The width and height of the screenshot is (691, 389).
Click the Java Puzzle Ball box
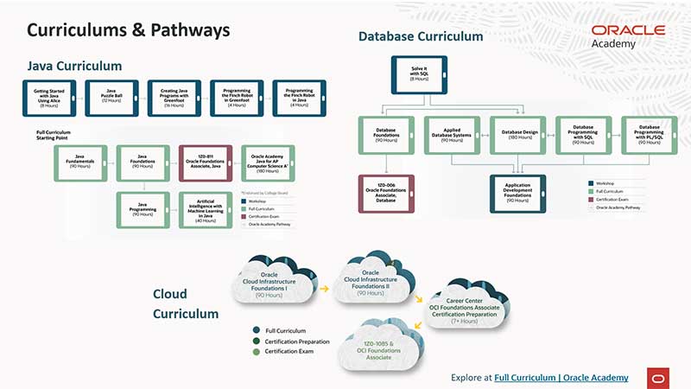click(111, 99)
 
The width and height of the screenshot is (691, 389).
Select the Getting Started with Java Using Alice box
click(49, 99)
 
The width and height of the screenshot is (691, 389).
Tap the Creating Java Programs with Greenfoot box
click(174, 99)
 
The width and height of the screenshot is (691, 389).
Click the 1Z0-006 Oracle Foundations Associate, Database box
click(386, 194)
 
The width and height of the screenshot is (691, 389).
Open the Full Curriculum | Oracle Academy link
click(561, 378)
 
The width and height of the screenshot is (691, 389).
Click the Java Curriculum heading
click(74, 66)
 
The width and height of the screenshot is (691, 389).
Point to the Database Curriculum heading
click(421, 36)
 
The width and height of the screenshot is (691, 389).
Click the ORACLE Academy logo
click(628, 35)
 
